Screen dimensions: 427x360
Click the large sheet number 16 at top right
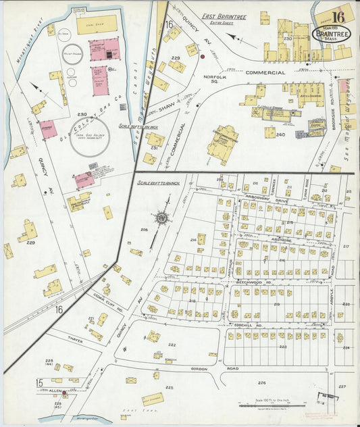click(x=337, y=17)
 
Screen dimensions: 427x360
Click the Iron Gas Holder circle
click(x=90, y=137)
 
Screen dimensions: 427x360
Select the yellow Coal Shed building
click(x=97, y=25)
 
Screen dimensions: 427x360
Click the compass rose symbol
click(x=161, y=218)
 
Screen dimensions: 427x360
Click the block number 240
click(x=280, y=134)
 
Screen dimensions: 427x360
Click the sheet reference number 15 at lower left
click(x=40, y=383)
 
